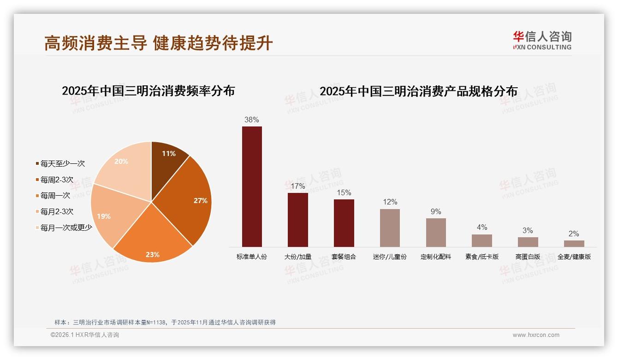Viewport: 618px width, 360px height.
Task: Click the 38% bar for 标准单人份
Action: (252, 186)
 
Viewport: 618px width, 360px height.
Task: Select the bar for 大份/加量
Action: (297, 220)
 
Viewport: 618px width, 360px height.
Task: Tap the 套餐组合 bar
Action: (344, 223)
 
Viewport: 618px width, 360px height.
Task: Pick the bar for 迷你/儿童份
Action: (390, 228)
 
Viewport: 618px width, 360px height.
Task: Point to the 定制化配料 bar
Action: (436, 233)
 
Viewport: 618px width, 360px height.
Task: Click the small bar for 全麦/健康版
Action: (574, 244)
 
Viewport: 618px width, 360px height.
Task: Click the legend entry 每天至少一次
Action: (63, 163)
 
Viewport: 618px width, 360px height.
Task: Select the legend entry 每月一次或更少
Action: (66, 228)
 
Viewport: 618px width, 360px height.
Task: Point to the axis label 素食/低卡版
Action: (482, 257)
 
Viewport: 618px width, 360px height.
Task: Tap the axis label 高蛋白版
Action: (528, 257)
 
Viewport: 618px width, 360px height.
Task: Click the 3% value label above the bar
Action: (528, 230)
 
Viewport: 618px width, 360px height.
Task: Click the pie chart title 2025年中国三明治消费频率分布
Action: (148, 91)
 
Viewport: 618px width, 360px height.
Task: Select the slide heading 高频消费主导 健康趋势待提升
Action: (159, 43)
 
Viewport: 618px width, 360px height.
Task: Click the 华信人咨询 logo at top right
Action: (542, 40)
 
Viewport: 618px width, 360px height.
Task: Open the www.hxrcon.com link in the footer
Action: (536, 335)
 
